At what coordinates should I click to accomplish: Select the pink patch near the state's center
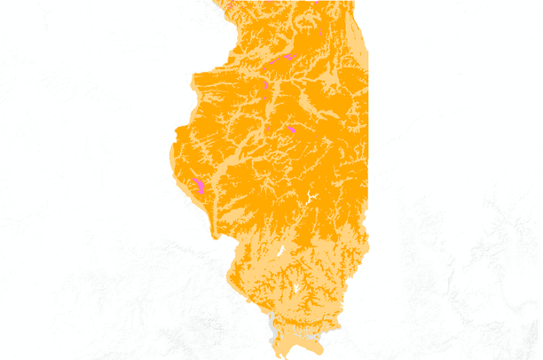(292, 129)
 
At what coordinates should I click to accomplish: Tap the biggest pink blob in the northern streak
(288, 59)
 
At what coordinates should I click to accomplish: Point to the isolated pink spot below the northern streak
(265, 85)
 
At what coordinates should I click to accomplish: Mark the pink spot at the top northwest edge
(229, 4)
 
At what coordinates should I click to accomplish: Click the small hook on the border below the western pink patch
(214, 235)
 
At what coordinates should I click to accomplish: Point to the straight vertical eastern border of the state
(367, 133)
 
